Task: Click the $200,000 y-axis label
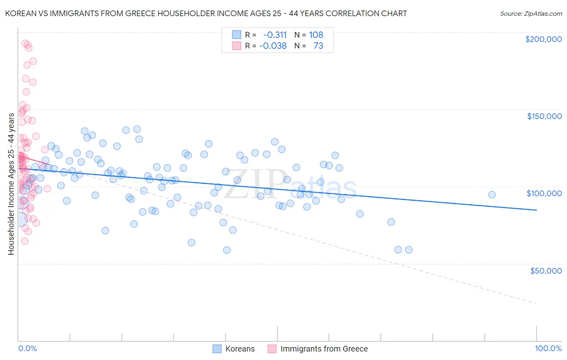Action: click(x=543, y=39)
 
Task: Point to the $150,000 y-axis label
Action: click(x=544, y=116)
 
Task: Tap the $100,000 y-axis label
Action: click(x=544, y=193)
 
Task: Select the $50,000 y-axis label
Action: click(x=546, y=270)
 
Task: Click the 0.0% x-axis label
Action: click(x=27, y=348)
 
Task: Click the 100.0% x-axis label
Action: click(x=548, y=348)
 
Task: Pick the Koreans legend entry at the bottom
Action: click(x=234, y=349)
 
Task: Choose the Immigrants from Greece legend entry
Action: click(x=318, y=349)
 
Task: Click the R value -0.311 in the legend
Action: click(x=275, y=35)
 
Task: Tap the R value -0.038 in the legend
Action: click(x=273, y=46)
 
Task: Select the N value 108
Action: click(x=316, y=35)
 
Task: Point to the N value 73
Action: click(x=318, y=46)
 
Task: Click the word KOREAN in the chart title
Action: click(x=19, y=13)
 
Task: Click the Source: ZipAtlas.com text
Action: click(x=531, y=13)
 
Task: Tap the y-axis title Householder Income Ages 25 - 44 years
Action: click(x=11, y=184)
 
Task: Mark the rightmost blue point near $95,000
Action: click(x=492, y=195)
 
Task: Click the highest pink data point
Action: click(x=25, y=43)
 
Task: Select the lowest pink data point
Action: click(x=25, y=241)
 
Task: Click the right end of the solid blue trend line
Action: click(x=536, y=210)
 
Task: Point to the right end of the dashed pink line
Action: click(x=536, y=303)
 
